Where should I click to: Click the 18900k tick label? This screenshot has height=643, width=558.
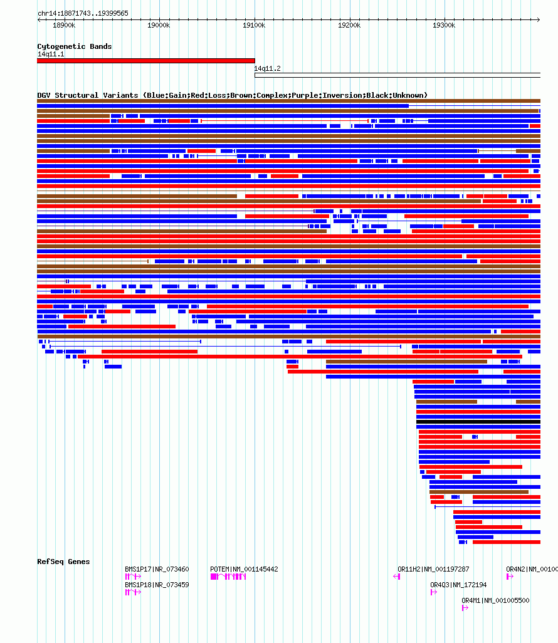tap(63, 25)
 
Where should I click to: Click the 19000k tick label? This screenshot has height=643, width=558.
tap(159, 25)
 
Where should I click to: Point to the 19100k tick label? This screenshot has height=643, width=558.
tap(254, 25)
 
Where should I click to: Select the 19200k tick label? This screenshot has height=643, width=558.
tap(349, 25)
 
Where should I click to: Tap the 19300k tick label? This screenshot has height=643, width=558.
tap(445, 25)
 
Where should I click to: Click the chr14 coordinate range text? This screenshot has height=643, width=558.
tap(83, 13)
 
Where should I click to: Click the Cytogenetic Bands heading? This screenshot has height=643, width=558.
tap(74, 46)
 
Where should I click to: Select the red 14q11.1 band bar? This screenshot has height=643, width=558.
tap(145, 61)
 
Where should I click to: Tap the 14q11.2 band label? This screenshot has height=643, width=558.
tap(267, 68)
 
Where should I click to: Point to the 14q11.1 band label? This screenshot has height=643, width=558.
tap(51, 54)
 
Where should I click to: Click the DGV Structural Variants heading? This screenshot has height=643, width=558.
tap(232, 95)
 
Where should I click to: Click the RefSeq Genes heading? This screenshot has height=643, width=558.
tap(63, 562)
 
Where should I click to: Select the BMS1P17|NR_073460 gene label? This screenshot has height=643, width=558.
tap(157, 569)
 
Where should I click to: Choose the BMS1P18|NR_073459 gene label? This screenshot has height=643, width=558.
tap(157, 585)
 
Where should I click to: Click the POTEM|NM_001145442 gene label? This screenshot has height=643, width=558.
tap(244, 569)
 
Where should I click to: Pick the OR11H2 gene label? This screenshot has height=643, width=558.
tap(433, 569)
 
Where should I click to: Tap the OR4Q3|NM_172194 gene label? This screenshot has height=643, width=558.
tap(458, 585)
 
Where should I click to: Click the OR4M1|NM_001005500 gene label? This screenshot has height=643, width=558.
tap(495, 600)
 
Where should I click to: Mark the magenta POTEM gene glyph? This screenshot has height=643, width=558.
tap(228, 577)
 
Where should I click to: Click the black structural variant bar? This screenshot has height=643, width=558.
tap(478, 422)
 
